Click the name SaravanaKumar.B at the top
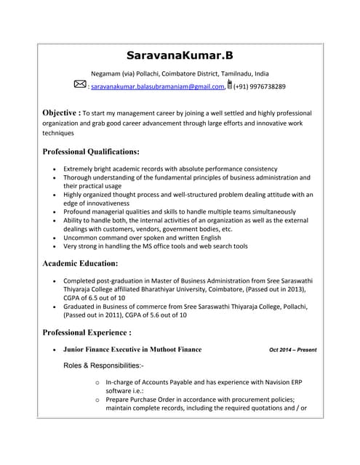click(x=180, y=55)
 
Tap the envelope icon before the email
click(x=79, y=85)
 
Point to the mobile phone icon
click(x=230, y=85)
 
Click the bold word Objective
click(x=61, y=113)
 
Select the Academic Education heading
click(x=80, y=263)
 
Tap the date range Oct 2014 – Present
click(x=292, y=349)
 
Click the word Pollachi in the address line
click(x=148, y=73)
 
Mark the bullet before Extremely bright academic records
click(x=55, y=169)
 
